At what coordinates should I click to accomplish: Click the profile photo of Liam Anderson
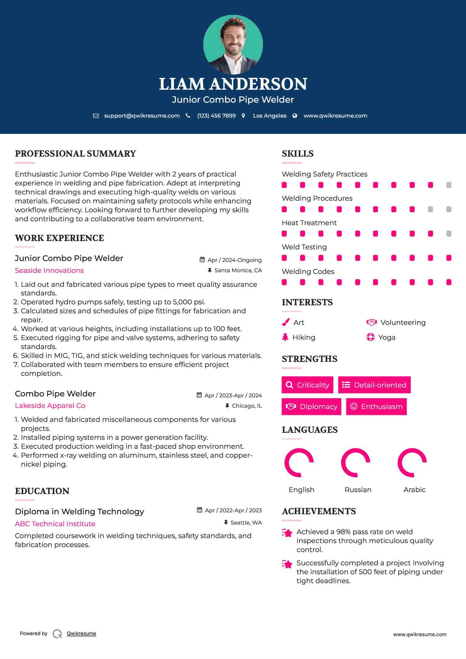[233, 44]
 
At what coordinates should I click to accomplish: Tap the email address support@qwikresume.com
[142, 116]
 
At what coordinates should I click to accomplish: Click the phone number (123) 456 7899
[216, 116]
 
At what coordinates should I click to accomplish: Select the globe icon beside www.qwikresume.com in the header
[295, 116]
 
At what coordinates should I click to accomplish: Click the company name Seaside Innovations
[49, 271]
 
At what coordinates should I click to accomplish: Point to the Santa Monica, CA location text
[238, 270]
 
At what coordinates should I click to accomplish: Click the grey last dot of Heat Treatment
[449, 233]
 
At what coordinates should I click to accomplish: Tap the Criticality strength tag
[307, 385]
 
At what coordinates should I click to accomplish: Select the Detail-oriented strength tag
[374, 385]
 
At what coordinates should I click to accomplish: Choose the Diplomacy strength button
[311, 406]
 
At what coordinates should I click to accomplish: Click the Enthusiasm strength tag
[376, 406]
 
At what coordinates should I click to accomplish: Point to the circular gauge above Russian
[355, 463]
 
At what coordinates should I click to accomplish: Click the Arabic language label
[414, 489]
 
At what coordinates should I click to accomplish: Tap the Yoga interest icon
[370, 337]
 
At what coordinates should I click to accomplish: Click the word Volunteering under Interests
[403, 322]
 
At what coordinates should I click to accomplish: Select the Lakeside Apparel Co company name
[50, 406]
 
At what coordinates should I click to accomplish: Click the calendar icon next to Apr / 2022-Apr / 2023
[199, 510]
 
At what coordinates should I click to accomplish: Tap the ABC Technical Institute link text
[55, 524]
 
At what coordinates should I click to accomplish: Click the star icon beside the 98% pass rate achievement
[287, 533]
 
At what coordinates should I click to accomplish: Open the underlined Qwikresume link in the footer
[81, 634]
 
